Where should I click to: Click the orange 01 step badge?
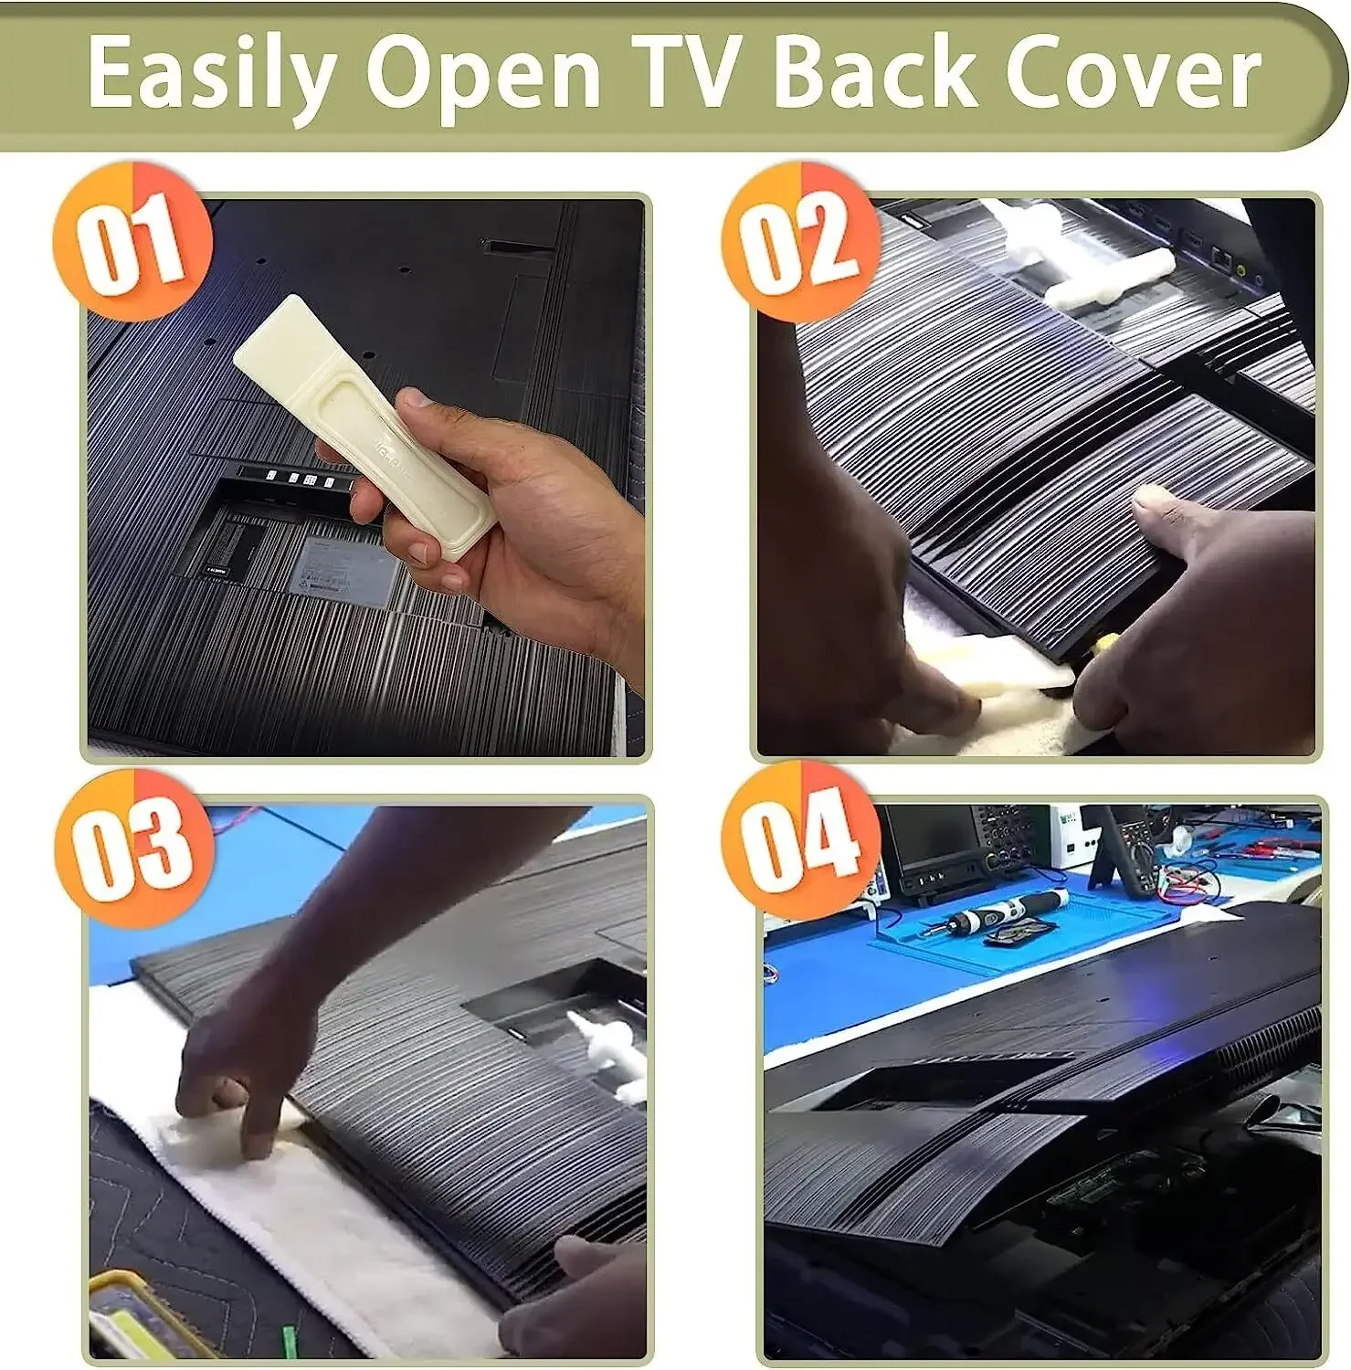132,241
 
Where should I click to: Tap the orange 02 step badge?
800,241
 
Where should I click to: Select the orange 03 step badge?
132,848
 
